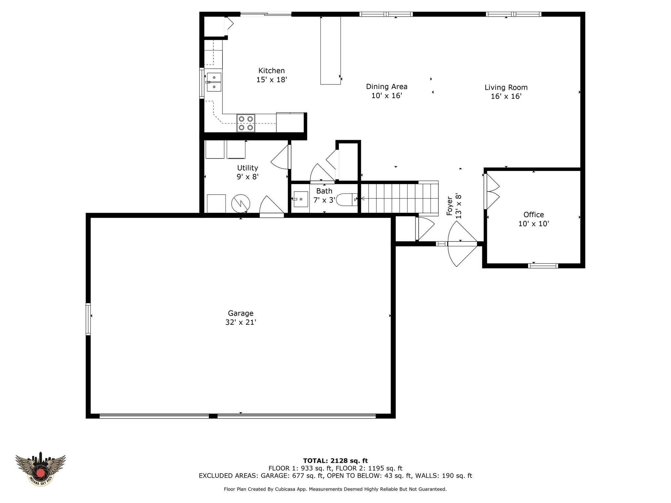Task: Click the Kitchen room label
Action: (271, 71)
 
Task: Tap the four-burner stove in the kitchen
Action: (246, 123)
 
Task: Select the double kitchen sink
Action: (214, 82)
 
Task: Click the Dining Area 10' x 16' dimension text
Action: (387, 96)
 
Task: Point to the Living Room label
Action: (506, 87)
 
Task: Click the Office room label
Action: (533, 215)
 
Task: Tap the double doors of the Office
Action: (491, 192)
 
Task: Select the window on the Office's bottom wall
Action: (543, 266)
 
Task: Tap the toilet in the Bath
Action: (347, 199)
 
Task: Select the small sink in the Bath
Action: (300, 199)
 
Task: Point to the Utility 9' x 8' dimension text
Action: (248, 177)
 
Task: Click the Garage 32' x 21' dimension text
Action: (240, 322)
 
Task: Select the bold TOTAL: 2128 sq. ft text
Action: (335, 461)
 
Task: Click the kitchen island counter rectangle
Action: (330, 50)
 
